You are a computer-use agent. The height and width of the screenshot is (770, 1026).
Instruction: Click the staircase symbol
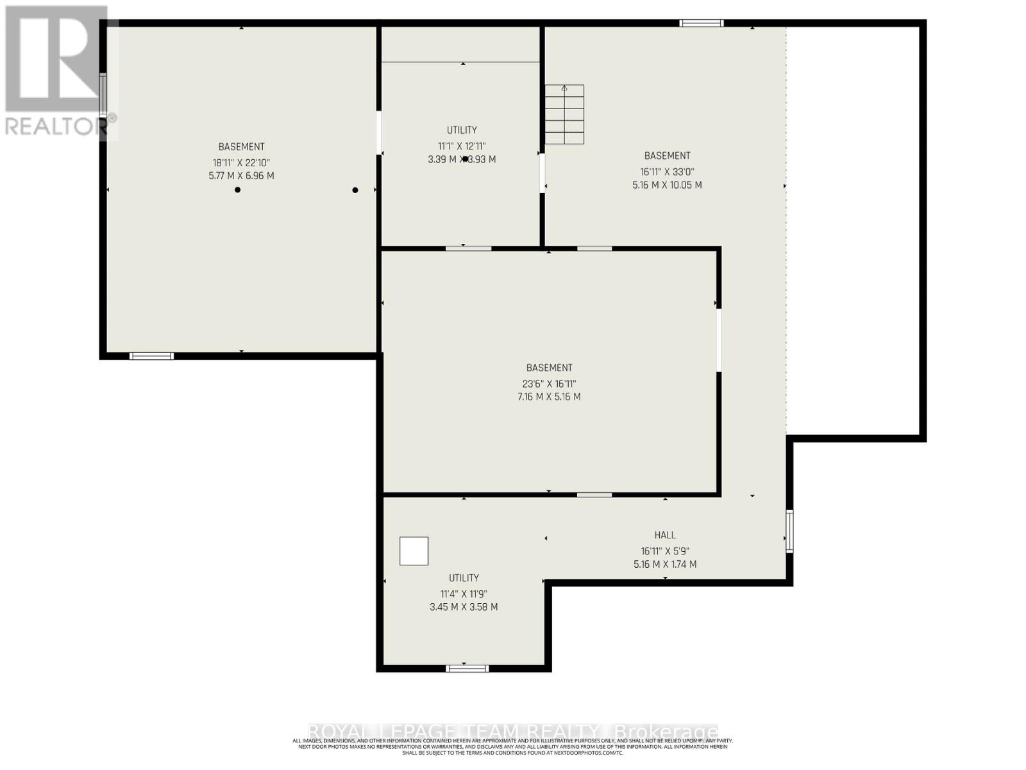pyautogui.click(x=564, y=114)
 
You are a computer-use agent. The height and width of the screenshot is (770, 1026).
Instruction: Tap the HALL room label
pyautogui.click(x=665, y=535)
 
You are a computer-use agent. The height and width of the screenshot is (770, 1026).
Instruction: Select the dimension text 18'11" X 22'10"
pyautogui.click(x=241, y=163)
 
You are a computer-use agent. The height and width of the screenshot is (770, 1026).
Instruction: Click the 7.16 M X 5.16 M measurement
pyautogui.click(x=549, y=397)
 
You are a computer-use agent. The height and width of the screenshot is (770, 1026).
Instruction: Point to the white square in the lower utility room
pyautogui.click(x=414, y=551)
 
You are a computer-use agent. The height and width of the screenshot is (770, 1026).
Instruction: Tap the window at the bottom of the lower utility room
pyautogui.click(x=467, y=669)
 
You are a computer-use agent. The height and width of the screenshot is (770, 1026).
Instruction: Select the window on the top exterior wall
pyautogui.click(x=702, y=24)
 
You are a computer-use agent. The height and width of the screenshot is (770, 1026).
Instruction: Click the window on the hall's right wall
pyautogui.click(x=789, y=531)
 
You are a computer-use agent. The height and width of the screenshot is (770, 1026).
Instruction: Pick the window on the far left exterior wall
pyautogui.click(x=103, y=96)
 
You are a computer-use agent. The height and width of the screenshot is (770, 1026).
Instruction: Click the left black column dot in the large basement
pyautogui.click(x=237, y=190)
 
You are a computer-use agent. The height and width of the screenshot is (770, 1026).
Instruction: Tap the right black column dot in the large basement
pyautogui.click(x=355, y=190)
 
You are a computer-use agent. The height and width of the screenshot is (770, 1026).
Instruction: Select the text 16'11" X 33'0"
pyautogui.click(x=667, y=172)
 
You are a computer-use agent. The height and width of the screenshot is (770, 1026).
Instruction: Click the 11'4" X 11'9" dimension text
pyautogui.click(x=463, y=594)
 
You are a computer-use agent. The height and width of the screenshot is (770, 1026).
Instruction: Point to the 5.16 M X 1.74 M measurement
pyautogui.click(x=665, y=565)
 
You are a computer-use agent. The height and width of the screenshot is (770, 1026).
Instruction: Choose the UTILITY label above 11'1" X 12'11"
pyautogui.click(x=462, y=130)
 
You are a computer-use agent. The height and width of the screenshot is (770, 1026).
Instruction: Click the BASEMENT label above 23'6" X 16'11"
pyautogui.click(x=549, y=368)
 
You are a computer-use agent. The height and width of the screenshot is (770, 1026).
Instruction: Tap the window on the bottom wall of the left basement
pyautogui.click(x=151, y=356)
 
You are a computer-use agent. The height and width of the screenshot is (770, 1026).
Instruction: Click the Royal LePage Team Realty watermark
pyautogui.click(x=513, y=732)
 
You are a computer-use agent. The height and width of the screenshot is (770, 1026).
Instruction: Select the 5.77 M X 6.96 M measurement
pyautogui.click(x=241, y=176)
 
